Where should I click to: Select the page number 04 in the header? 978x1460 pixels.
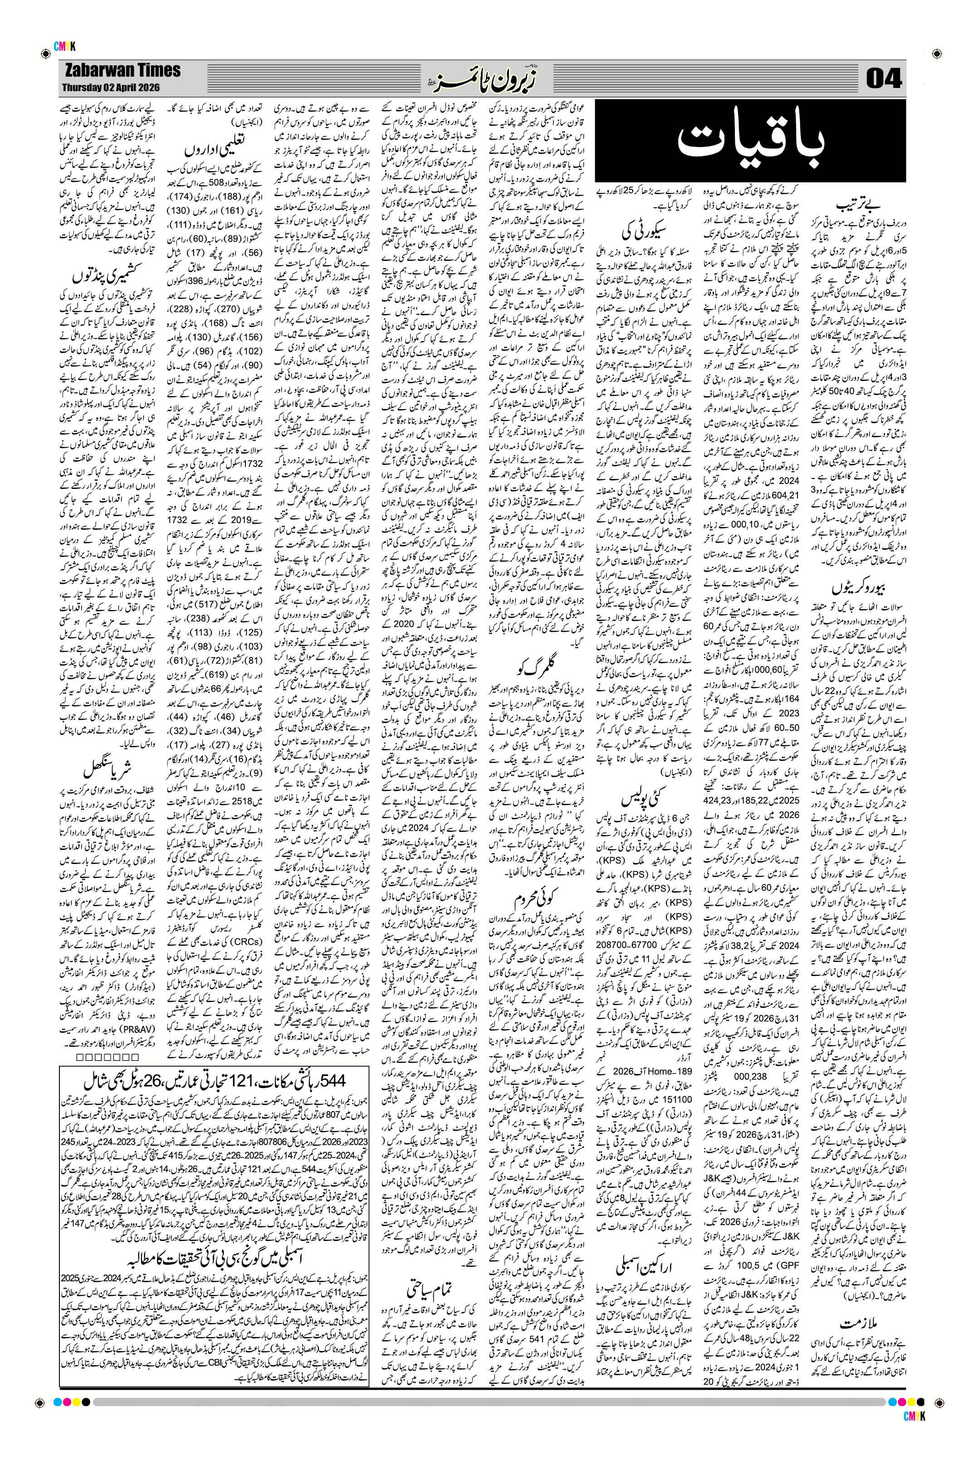tap(885, 80)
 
